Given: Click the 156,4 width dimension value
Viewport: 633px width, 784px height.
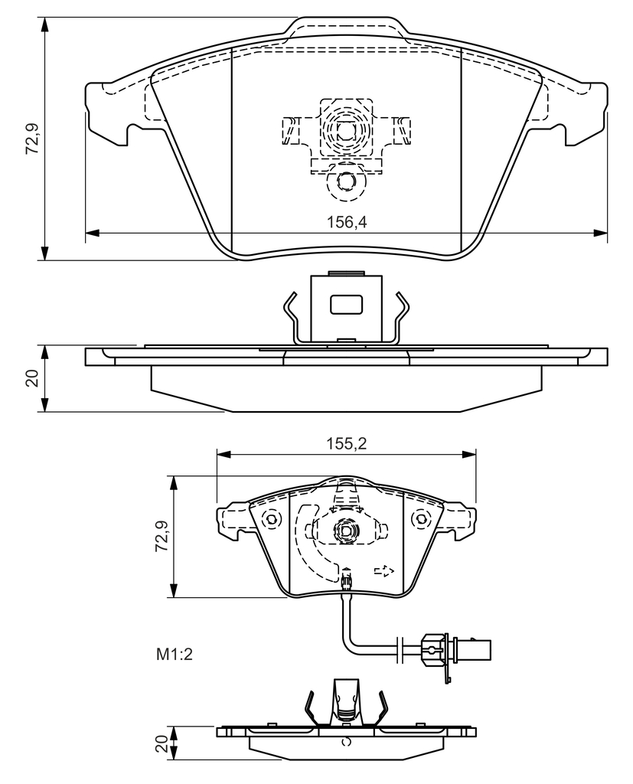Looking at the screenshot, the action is pyautogui.click(x=347, y=223).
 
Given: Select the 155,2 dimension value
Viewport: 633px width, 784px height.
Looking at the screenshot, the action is pyautogui.click(x=347, y=443).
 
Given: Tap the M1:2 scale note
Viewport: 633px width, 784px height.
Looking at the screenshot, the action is pyautogui.click(x=175, y=654).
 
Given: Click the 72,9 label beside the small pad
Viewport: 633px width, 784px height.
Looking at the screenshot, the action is pyautogui.click(x=162, y=536).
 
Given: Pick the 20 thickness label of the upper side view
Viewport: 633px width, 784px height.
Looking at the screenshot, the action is pyautogui.click(x=32, y=378).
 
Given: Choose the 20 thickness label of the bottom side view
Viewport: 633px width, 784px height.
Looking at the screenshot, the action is pyautogui.click(x=161, y=743).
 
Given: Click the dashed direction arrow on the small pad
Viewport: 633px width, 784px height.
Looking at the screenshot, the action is pyautogui.click(x=384, y=570).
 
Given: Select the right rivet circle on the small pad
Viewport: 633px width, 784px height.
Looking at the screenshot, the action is pyautogui.click(x=419, y=519).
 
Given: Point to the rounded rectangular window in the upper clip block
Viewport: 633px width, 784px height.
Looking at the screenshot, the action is pyautogui.click(x=346, y=304).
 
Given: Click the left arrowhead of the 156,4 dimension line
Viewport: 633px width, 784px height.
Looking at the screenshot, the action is pyautogui.click(x=93, y=233).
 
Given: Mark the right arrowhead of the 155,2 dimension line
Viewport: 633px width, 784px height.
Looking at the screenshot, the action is pyautogui.click(x=469, y=454).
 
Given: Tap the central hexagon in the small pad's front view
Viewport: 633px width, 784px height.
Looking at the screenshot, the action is pyautogui.click(x=346, y=531).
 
